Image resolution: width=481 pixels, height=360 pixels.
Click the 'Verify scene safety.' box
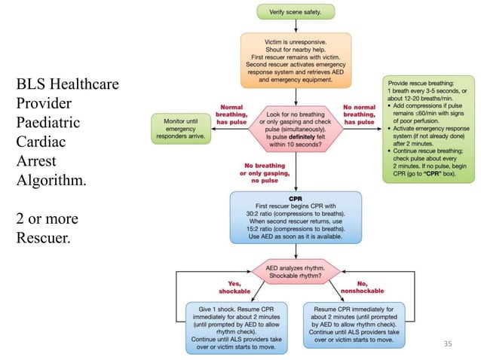[x=296, y=11]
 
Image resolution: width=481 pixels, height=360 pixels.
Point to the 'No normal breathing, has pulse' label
[x=360, y=113]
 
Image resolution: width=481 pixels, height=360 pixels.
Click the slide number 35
[x=449, y=345]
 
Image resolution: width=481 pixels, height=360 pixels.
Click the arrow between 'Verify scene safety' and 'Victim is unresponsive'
[x=296, y=24]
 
